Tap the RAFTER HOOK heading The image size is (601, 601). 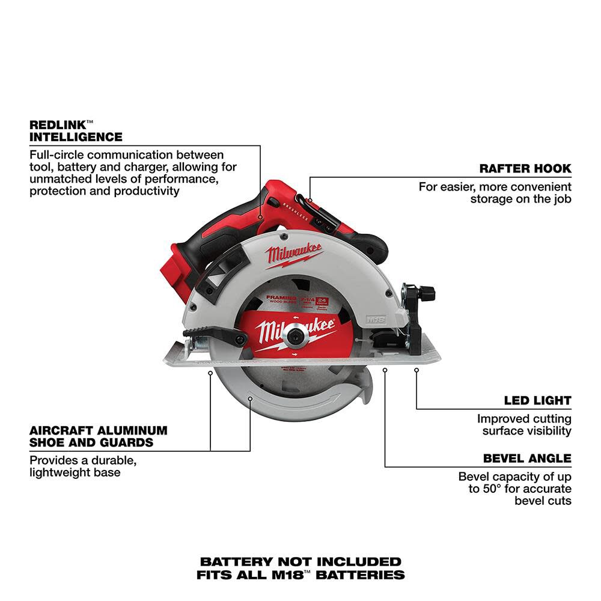pos(525,169)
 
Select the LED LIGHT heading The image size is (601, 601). pos(537,400)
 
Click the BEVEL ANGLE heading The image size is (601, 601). pos(527,459)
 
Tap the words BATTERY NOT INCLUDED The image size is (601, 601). pos(300,562)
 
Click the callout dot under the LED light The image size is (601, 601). pos(416,371)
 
